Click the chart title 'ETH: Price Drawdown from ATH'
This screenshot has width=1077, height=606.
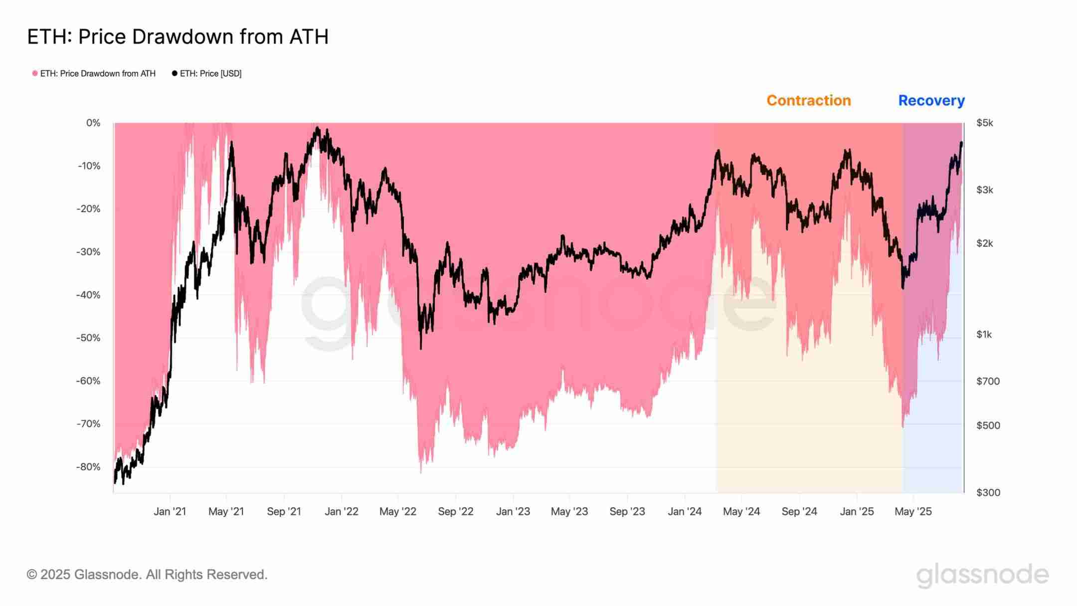coord(178,37)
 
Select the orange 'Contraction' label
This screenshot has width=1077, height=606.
coord(808,100)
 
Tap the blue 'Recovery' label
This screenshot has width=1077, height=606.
coord(931,100)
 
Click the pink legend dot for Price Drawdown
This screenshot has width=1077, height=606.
coord(35,73)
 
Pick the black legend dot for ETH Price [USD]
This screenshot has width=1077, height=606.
coord(175,73)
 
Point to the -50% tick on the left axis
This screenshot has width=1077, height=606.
coord(88,338)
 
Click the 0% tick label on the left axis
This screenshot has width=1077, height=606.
coord(93,123)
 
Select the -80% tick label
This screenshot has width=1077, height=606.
coord(88,467)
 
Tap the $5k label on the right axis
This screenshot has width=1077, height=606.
coord(985,123)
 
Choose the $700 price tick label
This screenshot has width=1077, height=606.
coord(988,381)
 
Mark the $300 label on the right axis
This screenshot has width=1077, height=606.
coord(988,492)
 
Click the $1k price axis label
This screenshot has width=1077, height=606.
coord(984,334)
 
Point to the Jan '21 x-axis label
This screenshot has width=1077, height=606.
coord(170,511)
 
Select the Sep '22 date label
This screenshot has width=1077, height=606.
coord(455,511)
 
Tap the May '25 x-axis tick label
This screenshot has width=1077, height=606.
coord(913,511)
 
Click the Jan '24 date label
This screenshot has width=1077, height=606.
coord(685,511)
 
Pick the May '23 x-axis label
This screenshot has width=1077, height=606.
coord(569,511)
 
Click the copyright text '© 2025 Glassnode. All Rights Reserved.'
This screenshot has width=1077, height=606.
coord(147,575)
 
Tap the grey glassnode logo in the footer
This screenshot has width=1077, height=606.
coord(982,575)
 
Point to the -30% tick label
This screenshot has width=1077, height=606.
coord(88,252)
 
